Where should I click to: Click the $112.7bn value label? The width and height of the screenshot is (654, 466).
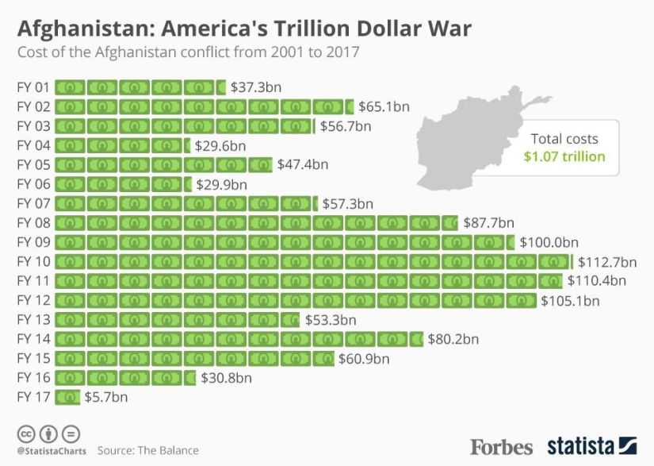coord(607,261)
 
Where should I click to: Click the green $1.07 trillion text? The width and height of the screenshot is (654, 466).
coord(564,156)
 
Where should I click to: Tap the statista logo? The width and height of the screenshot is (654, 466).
coord(591,445)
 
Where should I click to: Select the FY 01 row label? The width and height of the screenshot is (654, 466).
coord(33,87)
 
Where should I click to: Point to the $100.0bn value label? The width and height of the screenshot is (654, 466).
coord(549,242)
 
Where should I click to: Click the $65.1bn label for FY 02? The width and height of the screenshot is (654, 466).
coord(384,106)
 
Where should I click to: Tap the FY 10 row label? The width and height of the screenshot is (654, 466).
coord(33,261)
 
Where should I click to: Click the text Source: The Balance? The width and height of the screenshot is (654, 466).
coord(148,450)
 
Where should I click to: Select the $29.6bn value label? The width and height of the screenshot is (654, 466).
coord(220,145)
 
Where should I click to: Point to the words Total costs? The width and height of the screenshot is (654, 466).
coord(564,138)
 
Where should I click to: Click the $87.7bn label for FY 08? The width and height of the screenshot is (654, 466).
coord(488,222)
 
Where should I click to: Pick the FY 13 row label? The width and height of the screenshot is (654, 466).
coord(33,319)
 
